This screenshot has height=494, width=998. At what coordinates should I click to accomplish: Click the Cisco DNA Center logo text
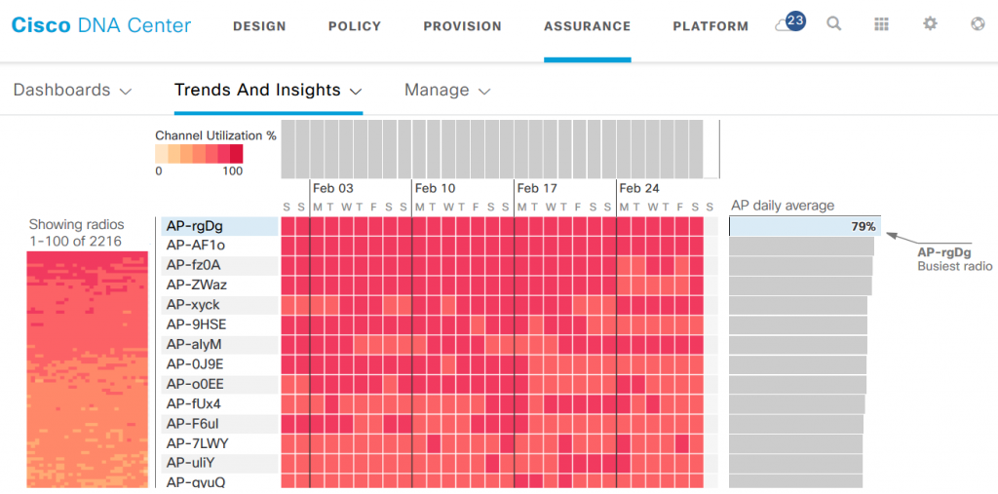tap(101, 26)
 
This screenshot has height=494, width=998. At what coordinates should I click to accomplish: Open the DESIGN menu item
tap(259, 26)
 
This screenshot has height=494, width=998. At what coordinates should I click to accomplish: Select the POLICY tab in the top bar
tap(355, 26)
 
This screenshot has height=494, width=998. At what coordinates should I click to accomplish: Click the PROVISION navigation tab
tap(462, 26)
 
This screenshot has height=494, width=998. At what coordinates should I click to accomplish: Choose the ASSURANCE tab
tap(587, 26)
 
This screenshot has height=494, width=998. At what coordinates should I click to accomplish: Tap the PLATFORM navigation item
tap(710, 26)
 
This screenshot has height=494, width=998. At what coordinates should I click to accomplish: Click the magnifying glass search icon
tap(834, 24)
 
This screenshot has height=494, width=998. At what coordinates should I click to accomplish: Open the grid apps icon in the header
tap(882, 24)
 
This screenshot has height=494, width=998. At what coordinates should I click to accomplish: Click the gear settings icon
tap(930, 24)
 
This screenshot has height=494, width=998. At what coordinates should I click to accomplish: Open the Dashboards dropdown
tap(72, 91)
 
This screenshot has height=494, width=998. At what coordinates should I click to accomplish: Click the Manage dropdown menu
tap(447, 91)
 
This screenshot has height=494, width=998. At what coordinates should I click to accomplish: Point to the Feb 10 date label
tap(435, 188)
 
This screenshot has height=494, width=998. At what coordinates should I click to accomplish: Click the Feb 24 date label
tap(639, 188)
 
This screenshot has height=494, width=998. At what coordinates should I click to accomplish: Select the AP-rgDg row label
tap(195, 226)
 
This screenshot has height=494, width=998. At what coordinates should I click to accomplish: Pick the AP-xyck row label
tap(193, 305)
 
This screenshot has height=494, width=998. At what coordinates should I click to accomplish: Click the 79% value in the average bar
tap(863, 227)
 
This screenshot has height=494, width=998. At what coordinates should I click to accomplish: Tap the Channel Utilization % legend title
tap(215, 135)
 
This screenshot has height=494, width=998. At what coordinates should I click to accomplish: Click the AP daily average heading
tap(783, 206)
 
